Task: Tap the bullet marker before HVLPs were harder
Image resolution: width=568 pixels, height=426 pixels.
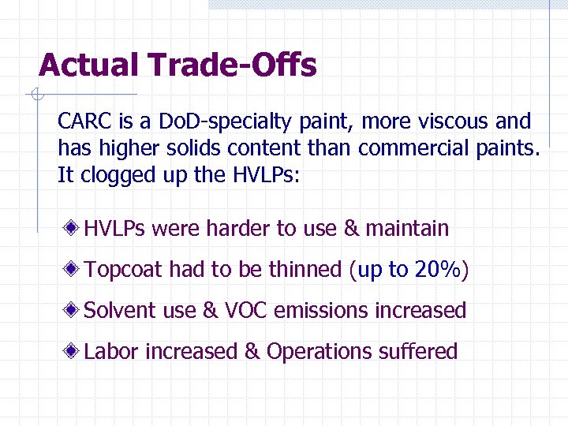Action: pos(73,229)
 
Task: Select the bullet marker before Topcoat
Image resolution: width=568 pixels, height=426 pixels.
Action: pos(73,269)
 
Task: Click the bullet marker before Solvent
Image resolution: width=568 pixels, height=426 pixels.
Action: pos(73,310)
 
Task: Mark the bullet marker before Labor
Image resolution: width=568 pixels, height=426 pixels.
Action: pos(73,351)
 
